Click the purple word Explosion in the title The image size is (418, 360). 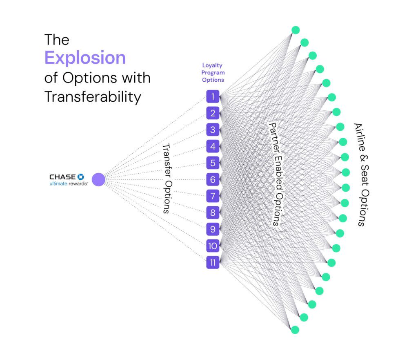tap(85, 58)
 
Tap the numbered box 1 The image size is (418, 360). tap(213, 97)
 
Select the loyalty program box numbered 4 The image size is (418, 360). tap(213, 146)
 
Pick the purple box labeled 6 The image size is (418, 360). tap(213, 179)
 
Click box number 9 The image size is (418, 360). tap(213, 229)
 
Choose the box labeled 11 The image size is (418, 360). tap(213, 262)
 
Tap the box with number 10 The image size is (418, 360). tap(213, 246)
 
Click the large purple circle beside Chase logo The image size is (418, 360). tap(98, 179)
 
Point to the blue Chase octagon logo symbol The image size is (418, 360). tap(80, 177)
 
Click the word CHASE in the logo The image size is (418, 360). tap(62, 177)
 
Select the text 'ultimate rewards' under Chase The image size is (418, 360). tap(69, 183)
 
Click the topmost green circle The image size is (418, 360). tap(296, 30)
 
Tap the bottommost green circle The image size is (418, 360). tap(295, 329)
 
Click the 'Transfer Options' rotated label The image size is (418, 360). tap(166, 178)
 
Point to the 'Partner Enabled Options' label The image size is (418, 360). tap(276, 173)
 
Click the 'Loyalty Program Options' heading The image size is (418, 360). tap(213, 73)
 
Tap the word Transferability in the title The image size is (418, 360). tap(93, 97)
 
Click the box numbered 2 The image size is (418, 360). tap(213, 113)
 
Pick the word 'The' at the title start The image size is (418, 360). tap(57, 40)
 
